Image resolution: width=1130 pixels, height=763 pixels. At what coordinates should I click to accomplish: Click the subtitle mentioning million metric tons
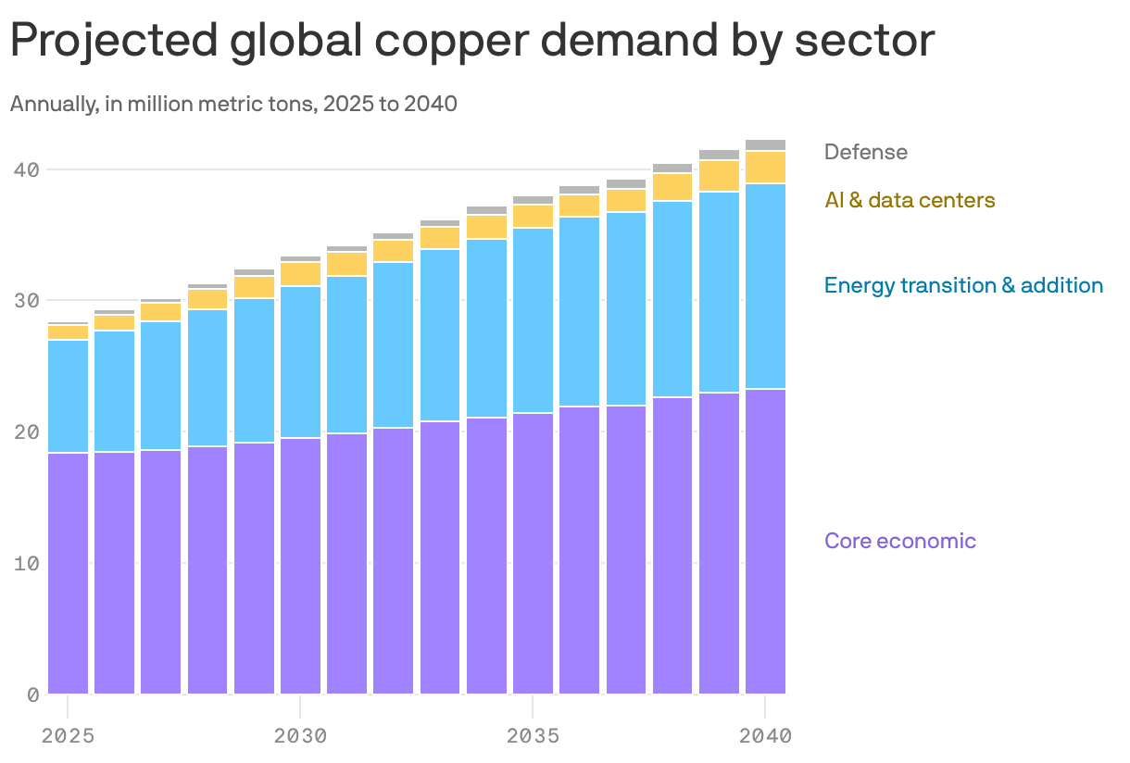pos(233,104)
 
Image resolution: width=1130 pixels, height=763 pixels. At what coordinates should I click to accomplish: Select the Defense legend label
pos(865,152)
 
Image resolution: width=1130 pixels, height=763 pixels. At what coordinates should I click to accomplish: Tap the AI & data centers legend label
pos(910,200)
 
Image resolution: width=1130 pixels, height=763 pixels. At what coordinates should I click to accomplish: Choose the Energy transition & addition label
pos(963,285)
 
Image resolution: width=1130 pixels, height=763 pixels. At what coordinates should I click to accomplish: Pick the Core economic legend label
pos(899,541)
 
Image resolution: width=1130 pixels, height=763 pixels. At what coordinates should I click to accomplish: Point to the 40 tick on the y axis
pos(26,169)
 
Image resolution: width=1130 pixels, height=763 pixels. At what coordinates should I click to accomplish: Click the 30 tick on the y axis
pos(26,301)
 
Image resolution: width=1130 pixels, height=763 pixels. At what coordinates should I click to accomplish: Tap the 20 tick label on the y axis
pos(26,432)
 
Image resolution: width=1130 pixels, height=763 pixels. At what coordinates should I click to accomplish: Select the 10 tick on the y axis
pos(26,563)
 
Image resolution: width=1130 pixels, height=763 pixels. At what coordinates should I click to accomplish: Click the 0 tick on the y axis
pos(32,694)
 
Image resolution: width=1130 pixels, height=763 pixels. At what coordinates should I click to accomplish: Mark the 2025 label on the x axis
pos(69,737)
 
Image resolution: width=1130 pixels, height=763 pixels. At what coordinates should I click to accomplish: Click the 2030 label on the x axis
pos(300,737)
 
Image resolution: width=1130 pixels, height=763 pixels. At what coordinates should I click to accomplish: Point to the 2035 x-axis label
pos(533,737)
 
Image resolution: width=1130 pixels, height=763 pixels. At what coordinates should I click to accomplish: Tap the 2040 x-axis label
pos(765,737)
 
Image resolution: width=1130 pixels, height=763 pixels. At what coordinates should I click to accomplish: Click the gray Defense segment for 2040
pos(765,145)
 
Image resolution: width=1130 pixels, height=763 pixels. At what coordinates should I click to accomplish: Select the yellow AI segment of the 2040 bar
pos(765,168)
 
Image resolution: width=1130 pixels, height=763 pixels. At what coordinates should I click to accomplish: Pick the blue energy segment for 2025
pos(69,396)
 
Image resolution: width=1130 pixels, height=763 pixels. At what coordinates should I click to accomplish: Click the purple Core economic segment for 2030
pos(300,566)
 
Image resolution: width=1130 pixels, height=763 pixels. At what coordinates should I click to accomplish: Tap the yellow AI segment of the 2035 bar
pos(533,217)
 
